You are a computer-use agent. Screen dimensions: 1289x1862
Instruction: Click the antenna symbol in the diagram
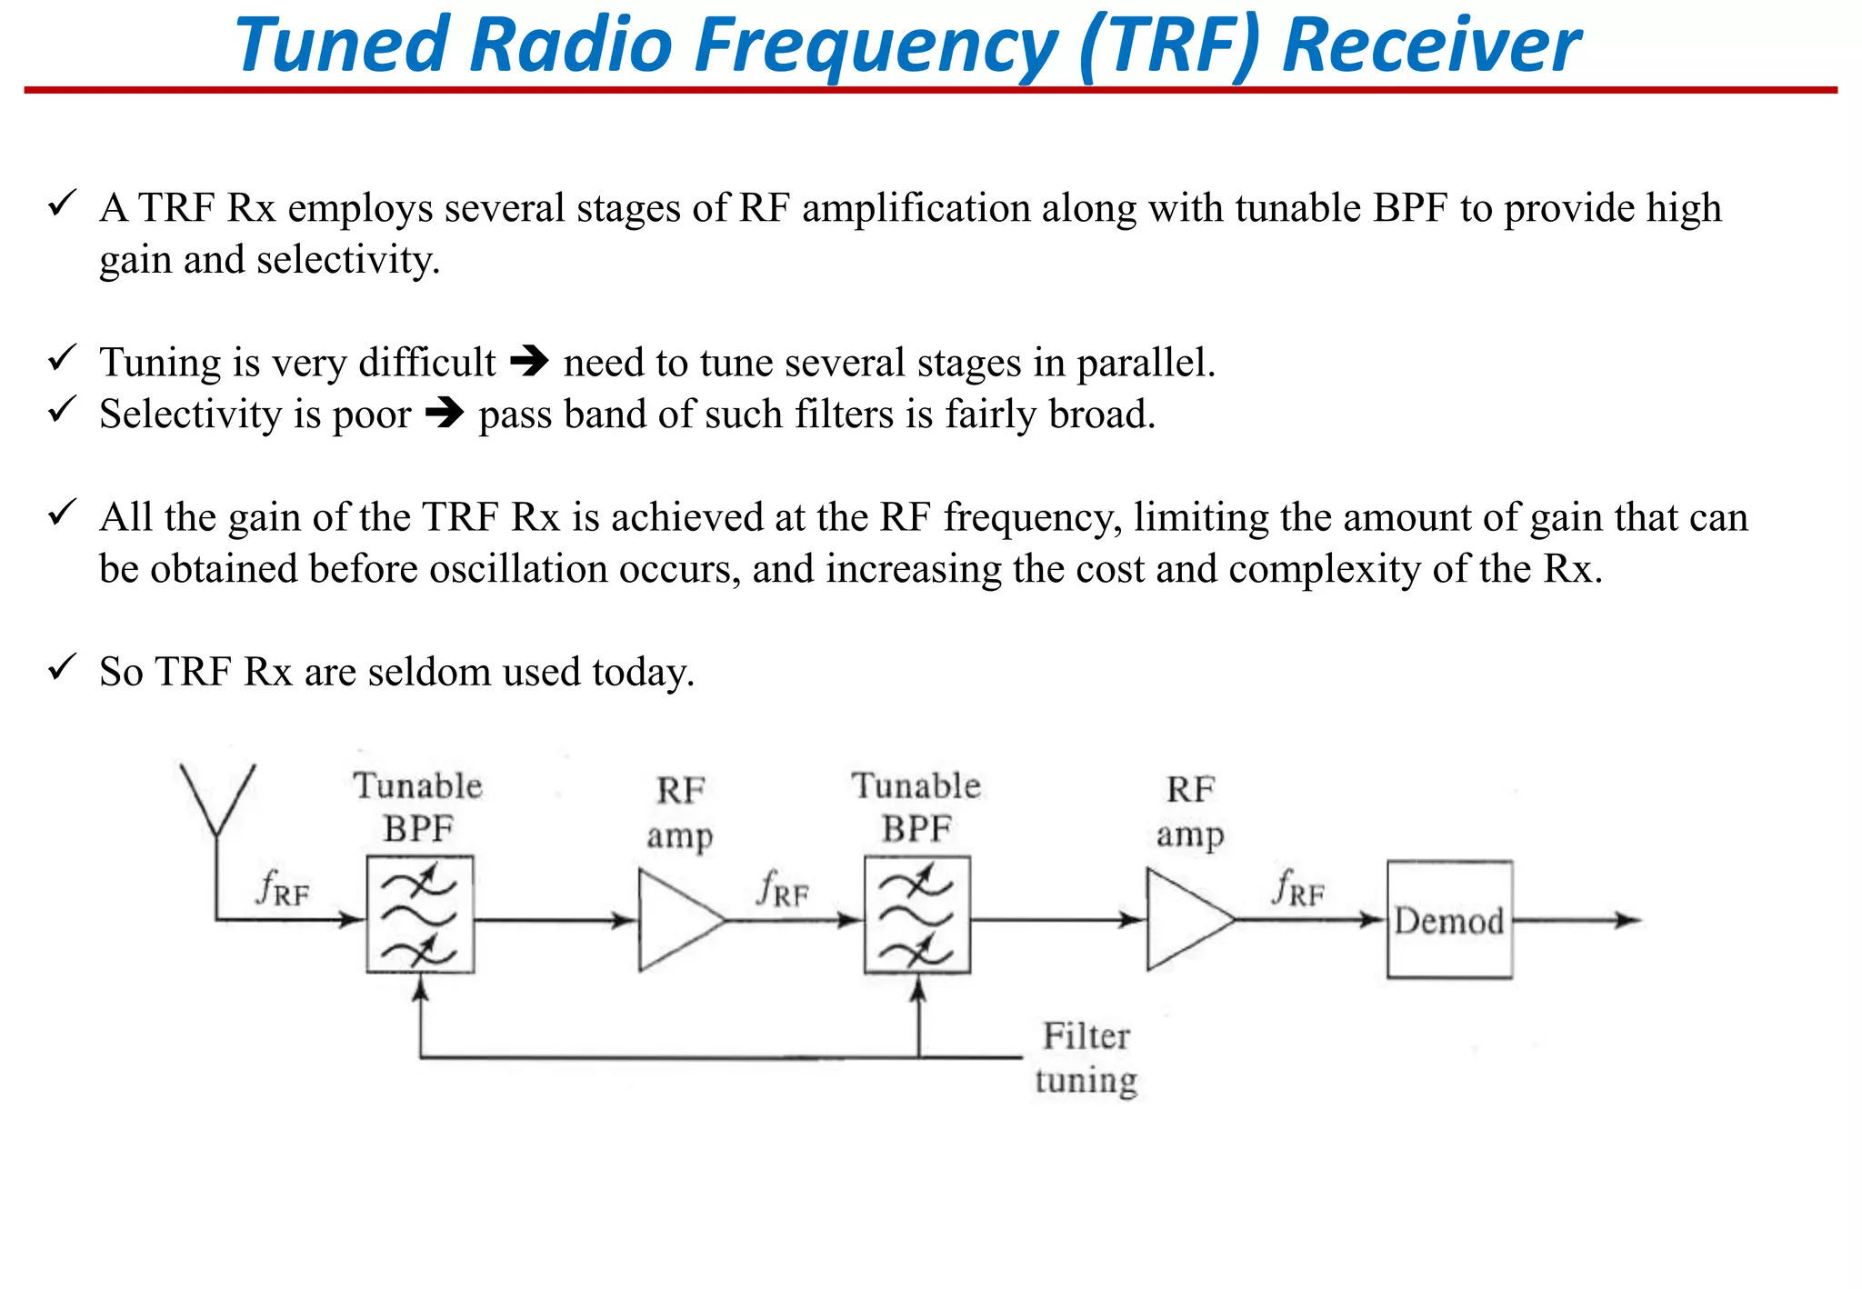tap(217, 800)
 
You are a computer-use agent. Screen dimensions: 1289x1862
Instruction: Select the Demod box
tap(1449, 920)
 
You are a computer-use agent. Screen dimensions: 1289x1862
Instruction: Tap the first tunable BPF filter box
tap(420, 914)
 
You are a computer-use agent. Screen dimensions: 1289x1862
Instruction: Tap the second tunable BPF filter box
tap(917, 914)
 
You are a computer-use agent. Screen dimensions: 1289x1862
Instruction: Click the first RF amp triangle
tap(677, 920)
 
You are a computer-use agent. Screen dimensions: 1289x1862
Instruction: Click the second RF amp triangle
tap(1186, 920)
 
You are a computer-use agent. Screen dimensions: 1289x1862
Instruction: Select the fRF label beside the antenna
tap(283, 888)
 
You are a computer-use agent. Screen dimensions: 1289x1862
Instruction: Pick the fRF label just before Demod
tap(1298, 888)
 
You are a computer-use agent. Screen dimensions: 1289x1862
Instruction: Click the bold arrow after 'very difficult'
tap(529, 362)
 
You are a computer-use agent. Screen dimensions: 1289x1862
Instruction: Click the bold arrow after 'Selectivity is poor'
tap(445, 414)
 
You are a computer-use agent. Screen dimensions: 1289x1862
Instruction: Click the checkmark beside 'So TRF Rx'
tap(61, 668)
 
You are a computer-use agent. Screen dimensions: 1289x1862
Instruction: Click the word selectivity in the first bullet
tap(346, 261)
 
